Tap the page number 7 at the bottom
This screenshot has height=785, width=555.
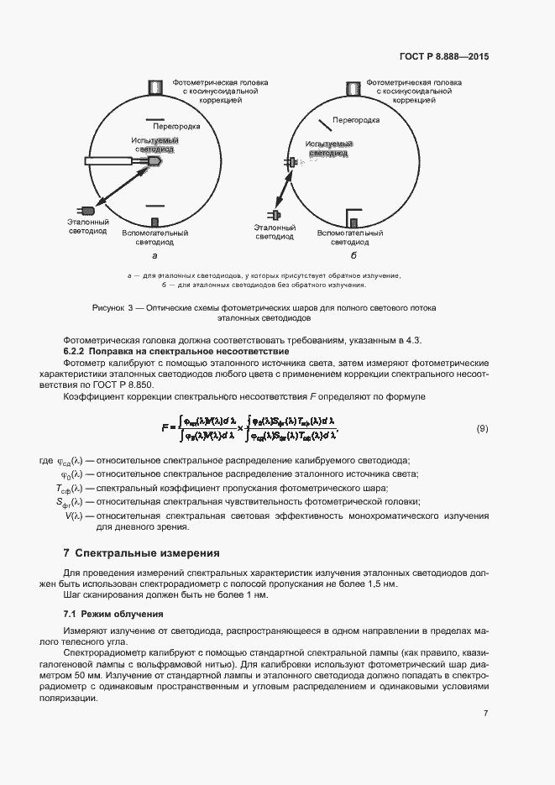[x=485, y=714]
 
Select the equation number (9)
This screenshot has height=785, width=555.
[x=482, y=428]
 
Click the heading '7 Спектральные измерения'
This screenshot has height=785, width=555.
[x=141, y=553]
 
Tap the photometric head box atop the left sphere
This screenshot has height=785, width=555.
[x=154, y=87]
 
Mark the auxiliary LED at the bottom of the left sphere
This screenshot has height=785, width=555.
[x=154, y=222]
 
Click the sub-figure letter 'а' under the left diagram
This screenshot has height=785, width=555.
[x=154, y=254]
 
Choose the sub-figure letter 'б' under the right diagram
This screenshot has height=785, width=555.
[x=353, y=254]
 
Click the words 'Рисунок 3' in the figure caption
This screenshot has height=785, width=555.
[x=114, y=308]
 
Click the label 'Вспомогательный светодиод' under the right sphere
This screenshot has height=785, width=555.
[x=350, y=237]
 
